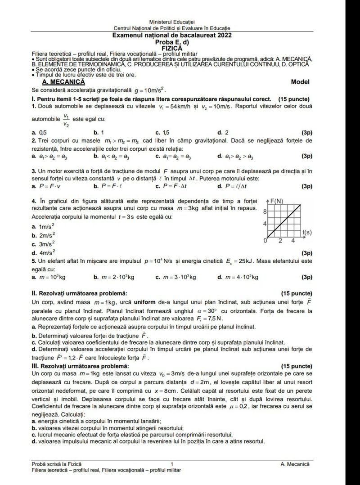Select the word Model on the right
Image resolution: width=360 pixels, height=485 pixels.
point(300,82)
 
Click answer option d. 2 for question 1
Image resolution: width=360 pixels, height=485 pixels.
point(222,133)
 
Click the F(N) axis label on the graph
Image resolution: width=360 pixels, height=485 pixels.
point(276,201)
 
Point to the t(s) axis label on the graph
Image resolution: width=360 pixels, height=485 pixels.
point(307,232)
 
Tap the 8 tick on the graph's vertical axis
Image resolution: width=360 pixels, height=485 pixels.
point(265,211)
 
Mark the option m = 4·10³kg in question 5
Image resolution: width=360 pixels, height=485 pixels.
point(238,277)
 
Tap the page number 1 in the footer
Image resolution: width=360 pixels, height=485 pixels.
point(172,463)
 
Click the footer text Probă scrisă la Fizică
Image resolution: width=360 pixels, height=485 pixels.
point(56,463)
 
